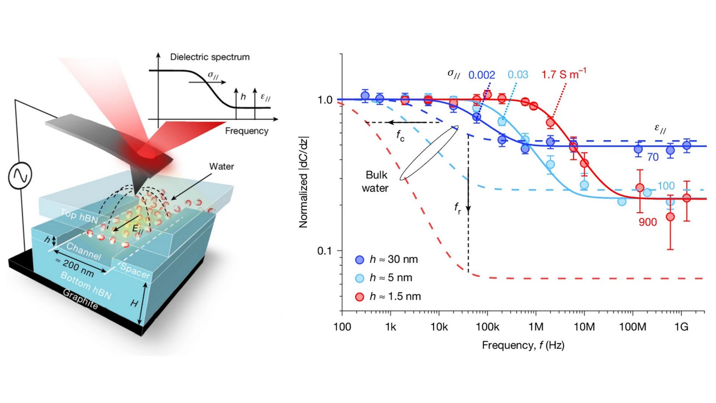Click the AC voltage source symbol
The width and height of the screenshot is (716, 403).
(x=20, y=175)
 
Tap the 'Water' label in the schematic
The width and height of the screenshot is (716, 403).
(x=221, y=166)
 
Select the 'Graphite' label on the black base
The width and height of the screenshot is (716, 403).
(x=80, y=299)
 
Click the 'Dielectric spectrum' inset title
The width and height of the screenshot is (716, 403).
(x=210, y=57)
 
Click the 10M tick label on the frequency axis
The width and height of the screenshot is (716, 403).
(x=584, y=327)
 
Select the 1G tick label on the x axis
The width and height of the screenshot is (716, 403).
(x=681, y=327)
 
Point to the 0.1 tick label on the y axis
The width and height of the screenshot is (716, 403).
(x=324, y=251)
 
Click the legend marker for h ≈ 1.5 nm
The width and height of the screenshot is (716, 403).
(x=359, y=297)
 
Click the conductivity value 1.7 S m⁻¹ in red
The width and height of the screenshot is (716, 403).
(x=563, y=74)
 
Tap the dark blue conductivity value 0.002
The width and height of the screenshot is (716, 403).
(x=481, y=75)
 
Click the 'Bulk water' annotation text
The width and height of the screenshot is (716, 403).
(x=376, y=181)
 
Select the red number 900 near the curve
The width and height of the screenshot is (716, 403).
(x=647, y=222)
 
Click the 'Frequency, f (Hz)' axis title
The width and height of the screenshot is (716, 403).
(x=523, y=345)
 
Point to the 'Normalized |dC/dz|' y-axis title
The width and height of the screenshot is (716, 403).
(x=304, y=182)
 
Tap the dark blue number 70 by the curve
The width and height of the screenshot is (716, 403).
(x=653, y=157)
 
